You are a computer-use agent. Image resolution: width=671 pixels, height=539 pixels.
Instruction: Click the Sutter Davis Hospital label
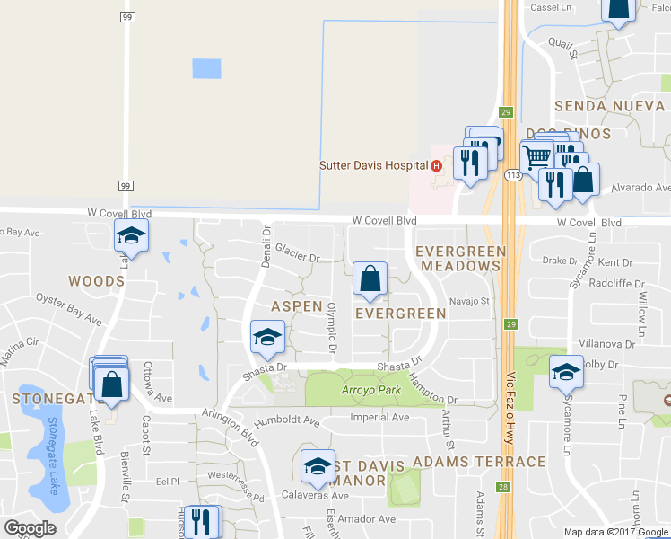374,165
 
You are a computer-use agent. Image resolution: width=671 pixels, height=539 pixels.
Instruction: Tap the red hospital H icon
436,165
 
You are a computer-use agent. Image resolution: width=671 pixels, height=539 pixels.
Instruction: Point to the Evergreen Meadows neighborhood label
460,259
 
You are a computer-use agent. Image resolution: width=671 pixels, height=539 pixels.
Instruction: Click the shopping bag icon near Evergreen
370,280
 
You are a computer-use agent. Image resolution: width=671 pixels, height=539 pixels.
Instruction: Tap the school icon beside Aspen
266,338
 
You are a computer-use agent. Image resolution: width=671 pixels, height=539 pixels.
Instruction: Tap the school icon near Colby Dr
567,372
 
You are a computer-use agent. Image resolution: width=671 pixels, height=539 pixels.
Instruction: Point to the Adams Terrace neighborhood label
479,462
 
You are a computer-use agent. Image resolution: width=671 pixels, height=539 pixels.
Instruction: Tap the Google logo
30,528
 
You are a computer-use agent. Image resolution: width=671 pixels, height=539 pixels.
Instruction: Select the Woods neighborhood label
96,281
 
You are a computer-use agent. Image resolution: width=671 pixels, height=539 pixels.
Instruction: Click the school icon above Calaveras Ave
318,466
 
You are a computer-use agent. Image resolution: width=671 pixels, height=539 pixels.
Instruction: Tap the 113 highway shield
514,173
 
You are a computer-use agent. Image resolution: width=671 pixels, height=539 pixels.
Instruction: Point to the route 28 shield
505,486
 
